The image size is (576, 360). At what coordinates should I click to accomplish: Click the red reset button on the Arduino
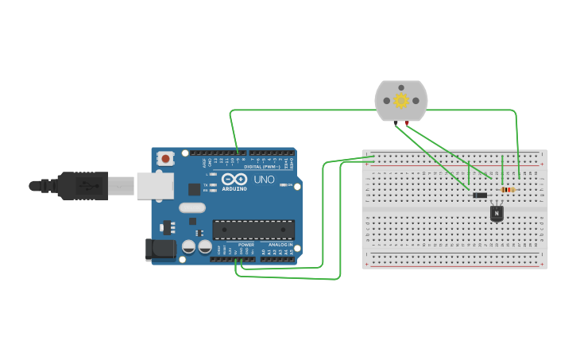(x=165, y=158)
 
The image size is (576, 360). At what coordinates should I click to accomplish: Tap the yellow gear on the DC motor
(x=401, y=101)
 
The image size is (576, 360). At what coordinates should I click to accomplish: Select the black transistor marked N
(x=497, y=213)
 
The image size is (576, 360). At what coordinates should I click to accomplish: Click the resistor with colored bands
(x=506, y=189)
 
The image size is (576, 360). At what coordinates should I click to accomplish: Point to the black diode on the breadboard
(x=480, y=195)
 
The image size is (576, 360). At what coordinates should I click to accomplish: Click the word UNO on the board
(x=263, y=180)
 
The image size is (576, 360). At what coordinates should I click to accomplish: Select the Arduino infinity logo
(x=234, y=179)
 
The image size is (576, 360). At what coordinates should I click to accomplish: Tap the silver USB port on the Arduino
(x=154, y=186)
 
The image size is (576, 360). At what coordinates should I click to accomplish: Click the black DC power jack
(x=161, y=249)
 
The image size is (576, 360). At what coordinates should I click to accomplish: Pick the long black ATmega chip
(x=253, y=230)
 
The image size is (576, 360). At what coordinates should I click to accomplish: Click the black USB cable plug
(x=79, y=186)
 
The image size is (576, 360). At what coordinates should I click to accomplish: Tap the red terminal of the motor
(x=408, y=123)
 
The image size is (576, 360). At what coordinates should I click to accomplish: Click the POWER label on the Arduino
(x=246, y=245)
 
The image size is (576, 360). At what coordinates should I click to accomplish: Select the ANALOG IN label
(x=279, y=245)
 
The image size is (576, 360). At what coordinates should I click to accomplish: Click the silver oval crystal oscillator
(x=192, y=208)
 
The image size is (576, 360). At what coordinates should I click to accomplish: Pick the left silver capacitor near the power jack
(x=189, y=247)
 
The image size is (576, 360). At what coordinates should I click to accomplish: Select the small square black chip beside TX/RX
(x=195, y=189)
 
